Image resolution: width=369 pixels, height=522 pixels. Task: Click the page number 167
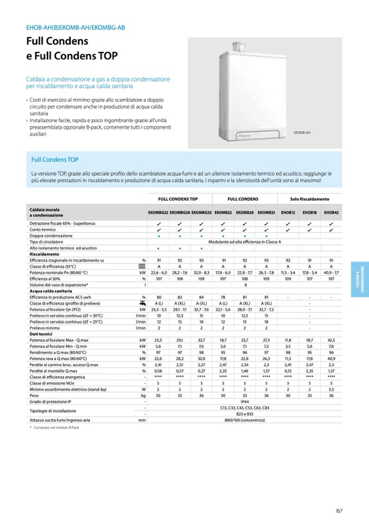pos(339,510)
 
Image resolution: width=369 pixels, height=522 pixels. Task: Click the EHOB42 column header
pos(331,212)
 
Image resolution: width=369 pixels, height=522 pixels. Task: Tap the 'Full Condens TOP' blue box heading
pos(55,159)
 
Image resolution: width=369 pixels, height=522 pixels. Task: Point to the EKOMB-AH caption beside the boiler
pos(302,132)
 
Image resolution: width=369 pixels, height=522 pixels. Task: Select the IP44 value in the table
pos(244,401)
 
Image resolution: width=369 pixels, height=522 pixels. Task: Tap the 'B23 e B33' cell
pos(244,414)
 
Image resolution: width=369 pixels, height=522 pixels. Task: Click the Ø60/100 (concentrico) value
pos(244,420)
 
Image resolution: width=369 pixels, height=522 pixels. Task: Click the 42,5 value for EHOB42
pos(331,339)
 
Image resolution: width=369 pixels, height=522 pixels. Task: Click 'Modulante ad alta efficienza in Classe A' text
pos(244,242)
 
